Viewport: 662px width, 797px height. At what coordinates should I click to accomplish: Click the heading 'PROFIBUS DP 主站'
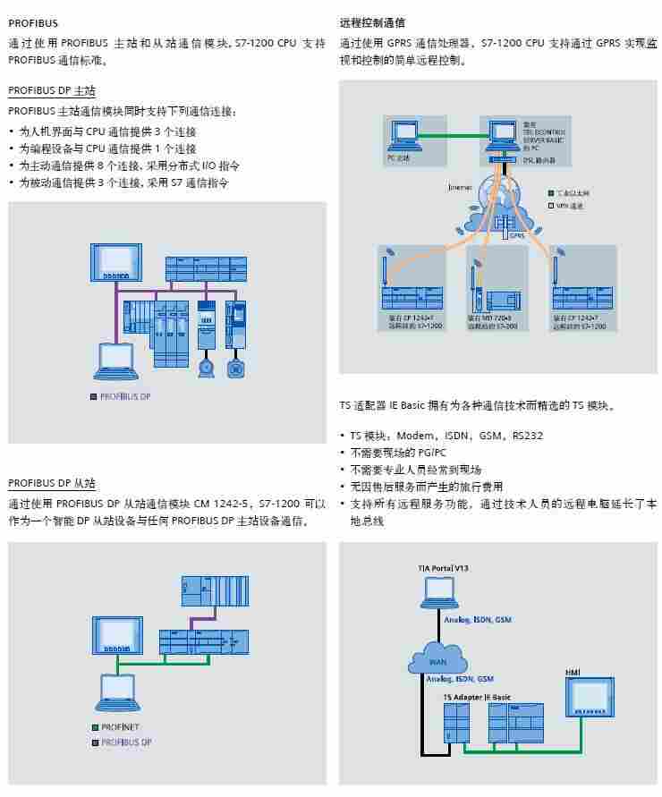click(52, 91)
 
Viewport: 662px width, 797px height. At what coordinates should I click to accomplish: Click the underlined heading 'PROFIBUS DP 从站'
click(52, 484)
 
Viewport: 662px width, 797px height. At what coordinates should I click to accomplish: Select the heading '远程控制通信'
click(372, 22)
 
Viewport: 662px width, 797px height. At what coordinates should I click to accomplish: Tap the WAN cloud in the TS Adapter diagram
click(437, 660)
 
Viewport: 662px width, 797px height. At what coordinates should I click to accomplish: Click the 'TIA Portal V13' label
click(442, 568)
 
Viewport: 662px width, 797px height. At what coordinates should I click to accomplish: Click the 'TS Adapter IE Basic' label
click(477, 696)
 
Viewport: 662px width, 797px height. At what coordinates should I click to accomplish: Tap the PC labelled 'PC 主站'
click(403, 135)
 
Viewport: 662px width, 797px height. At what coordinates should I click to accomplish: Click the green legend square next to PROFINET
click(93, 727)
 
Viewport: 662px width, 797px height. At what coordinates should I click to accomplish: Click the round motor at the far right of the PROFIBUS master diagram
click(236, 367)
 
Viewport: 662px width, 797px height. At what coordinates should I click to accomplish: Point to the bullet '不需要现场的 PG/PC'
click(398, 453)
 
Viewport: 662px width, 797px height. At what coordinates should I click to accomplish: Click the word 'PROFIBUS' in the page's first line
click(32, 22)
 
